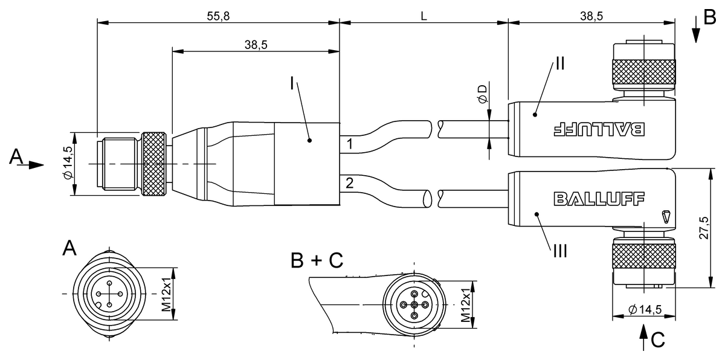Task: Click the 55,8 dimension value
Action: pos(218,16)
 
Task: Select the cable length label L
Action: pos(424,16)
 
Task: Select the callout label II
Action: pos(559,63)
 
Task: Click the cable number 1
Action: pos(350,144)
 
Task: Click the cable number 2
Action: pos(350,182)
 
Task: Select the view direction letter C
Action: pos(658,341)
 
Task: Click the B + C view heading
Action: pos(317,260)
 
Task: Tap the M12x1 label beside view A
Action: pos(167,294)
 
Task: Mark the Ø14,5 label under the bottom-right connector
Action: pos(645,310)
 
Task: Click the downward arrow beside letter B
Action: pos(697,34)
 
